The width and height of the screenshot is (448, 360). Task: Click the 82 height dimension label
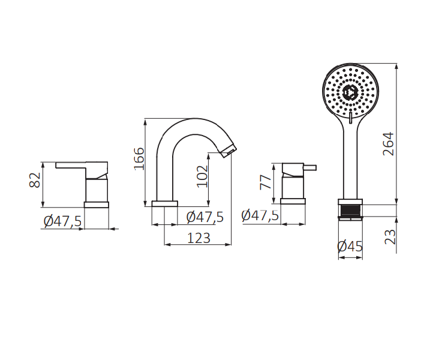tap(35, 180)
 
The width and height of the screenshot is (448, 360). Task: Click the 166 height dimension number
tap(139, 158)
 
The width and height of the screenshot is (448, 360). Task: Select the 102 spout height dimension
tap(203, 176)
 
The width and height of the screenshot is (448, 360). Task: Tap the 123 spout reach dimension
tap(199, 238)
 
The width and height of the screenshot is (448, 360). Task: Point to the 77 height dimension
tap(266, 182)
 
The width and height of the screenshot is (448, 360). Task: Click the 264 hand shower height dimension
tap(388, 144)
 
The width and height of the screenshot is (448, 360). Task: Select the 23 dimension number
tap(390, 237)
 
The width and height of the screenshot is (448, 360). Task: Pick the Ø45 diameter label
tap(350, 247)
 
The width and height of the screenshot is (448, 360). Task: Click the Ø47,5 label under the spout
tap(205, 217)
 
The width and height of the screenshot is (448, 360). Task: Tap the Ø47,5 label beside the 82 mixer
tap(62, 221)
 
